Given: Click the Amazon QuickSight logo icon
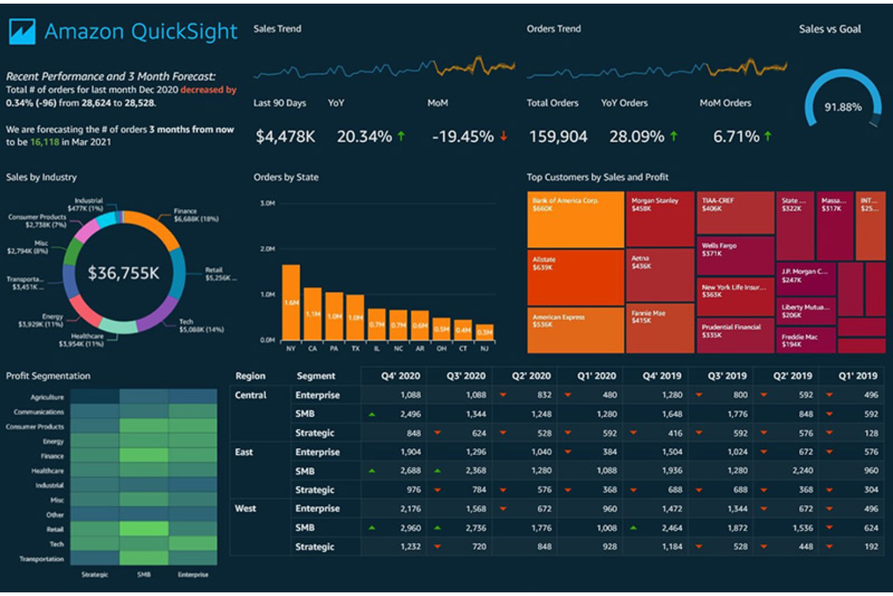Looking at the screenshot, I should (x=22, y=31).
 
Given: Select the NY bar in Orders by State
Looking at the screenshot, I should (x=291, y=302).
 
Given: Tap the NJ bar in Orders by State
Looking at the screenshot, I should (x=485, y=332).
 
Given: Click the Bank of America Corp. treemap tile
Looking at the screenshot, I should (x=575, y=219).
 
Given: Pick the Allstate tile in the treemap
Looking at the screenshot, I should (x=575, y=277).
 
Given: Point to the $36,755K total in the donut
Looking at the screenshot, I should (x=124, y=274).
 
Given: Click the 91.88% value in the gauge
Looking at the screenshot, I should (x=843, y=107).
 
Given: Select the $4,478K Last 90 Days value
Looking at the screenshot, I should (x=285, y=137).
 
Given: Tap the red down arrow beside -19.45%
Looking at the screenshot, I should (x=503, y=136).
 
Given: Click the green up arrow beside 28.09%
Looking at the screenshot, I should (x=673, y=136).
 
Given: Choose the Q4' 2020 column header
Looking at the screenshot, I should (x=400, y=376).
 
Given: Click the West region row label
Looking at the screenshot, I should (x=245, y=508).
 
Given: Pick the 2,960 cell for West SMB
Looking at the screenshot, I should (x=410, y=528).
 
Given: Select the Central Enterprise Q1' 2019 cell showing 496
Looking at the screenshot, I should (x=871, y=395).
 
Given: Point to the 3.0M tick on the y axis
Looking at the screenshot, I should (x=267, y=203).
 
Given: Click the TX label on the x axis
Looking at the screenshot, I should (x=355, y=349).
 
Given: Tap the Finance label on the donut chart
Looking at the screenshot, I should (x=185, y=211).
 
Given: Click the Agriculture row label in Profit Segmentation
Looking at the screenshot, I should (x=47, y=397).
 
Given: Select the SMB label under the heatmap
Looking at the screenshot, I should (x=144, y=574).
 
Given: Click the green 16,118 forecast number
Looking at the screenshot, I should (x=45, y=143).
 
